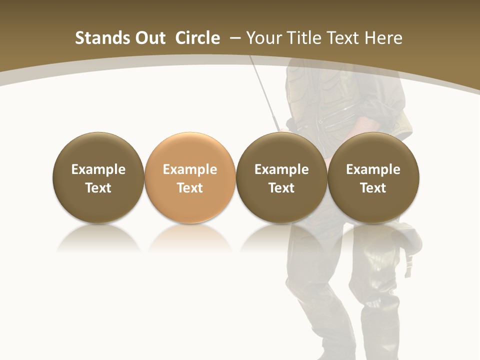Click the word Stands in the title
[x=102, y=38]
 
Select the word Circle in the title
[x=197, y=38]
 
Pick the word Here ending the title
[x=384, y=38]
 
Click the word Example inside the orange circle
[x=190, y=169]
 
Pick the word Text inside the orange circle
[x=190, y=188]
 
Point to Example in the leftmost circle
[x=98, y=169]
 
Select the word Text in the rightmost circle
[x=373, y=188]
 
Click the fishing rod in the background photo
[x=265, y=95]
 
